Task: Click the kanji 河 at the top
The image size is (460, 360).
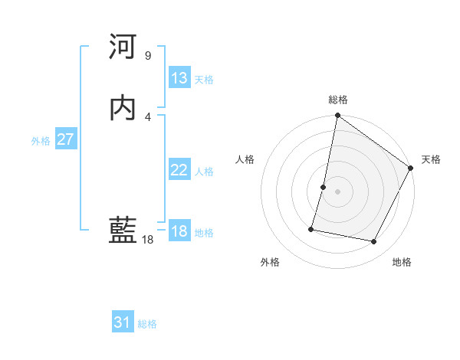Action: [x=123, y=48]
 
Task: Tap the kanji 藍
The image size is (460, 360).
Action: [x=123, y=232]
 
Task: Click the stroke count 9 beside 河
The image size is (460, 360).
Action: [x=148, y=56]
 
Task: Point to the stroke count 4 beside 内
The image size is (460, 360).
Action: [x=148, y=116]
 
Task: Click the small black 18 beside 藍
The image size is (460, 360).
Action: [x=148, y=240]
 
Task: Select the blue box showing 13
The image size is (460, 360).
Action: [x=179, y=78]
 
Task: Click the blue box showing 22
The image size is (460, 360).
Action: [x=179, y=171]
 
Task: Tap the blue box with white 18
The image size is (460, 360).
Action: [x=179, y=231]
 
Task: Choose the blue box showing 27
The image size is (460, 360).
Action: [x=65, y=139]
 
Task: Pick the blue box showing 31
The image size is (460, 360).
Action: [x=123, y=322]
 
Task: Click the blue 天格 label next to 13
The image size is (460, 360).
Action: [x=204, y=80]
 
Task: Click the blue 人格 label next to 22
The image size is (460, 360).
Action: [x=204, y=172]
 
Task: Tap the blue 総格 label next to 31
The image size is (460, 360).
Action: [x=147, y=324]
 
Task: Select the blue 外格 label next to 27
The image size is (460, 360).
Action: [x=41, y=141]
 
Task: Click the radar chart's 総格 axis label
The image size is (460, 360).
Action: [x=338, y=100]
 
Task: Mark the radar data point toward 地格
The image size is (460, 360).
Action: [x=374, y=242]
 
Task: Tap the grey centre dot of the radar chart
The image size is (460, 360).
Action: [x=338, y=191]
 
